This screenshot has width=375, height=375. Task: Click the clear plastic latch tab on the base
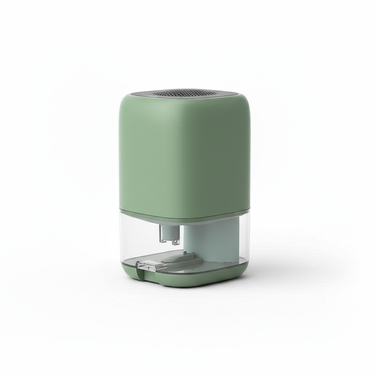point(146,265)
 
